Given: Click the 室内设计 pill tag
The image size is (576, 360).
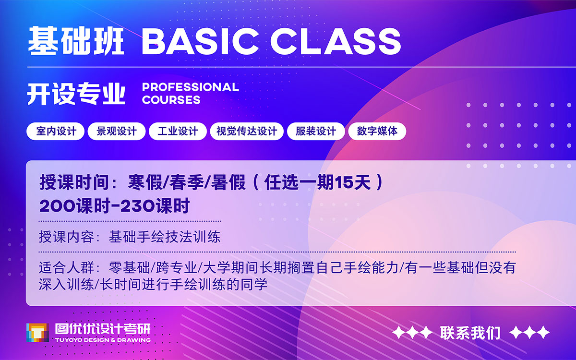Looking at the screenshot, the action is pos(55,132).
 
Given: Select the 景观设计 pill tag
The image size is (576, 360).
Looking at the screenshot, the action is pos(117,132).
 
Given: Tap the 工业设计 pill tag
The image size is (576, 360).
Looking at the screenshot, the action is pos(178,132).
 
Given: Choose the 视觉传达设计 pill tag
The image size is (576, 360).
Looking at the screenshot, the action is pos(247,132).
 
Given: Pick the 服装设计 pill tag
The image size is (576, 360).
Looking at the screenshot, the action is pos(316,132).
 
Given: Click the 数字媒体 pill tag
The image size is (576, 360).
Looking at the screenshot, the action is pos(377,132).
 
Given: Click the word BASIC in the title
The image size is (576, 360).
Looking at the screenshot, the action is pos(200,41).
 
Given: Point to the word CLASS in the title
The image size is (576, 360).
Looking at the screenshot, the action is pos(336,41).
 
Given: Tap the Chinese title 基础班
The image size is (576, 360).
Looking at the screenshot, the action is pos(76,41).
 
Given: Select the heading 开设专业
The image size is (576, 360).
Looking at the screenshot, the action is pos(76,94).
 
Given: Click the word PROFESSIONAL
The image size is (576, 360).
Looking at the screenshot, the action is pos(191,87).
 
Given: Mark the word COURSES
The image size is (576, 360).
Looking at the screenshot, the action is pos(171,100).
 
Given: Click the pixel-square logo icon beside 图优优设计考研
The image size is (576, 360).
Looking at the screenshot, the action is pos(37,333).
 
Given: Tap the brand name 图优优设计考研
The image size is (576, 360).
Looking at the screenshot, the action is pos(103,329).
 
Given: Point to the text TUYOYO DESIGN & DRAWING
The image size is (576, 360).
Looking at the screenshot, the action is pos(103,340).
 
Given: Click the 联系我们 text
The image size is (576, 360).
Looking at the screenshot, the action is pos(470,333).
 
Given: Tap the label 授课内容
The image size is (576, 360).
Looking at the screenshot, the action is pos(66,237).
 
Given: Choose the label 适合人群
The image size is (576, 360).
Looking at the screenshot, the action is pos(66,268).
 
